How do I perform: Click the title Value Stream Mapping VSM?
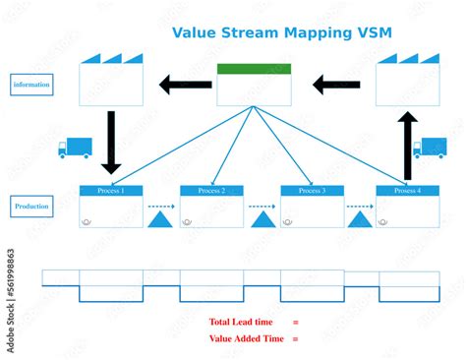pos(281,31)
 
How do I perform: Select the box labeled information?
pos(31,85)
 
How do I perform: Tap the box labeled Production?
pos(31,207)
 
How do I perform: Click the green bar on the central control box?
pos(254,69)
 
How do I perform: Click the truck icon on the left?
pos(75,148)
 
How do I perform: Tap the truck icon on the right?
pos(430,148)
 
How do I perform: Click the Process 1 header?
pos(110,190)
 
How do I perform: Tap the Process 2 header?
pos(211,190)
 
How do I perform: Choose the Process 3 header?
pos(312,190)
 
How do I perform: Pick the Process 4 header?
pos(407,190)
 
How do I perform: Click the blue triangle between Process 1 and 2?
pos(160,219)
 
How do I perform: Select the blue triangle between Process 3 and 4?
pos(361,219)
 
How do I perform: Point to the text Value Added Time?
pos(247,338)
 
